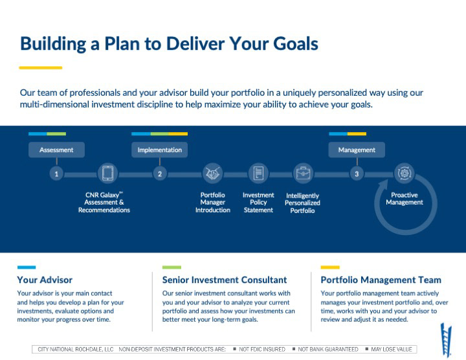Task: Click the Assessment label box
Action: coord(56,150)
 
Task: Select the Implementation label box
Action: coord(160,150)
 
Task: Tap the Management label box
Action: coord(357,150)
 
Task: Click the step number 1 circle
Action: coord(57,174)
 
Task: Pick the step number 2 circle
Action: coord(160,174)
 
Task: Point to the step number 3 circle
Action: coord(357,174)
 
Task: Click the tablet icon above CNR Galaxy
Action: coord(107,174)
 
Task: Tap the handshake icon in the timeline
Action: coord(212,174)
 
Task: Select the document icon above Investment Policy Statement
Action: coord(258,174)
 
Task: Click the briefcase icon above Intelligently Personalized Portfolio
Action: coord(303,174)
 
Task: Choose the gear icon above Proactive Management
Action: coord(405,174)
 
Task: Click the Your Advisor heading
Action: coord(45,280)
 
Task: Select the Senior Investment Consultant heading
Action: coord(225,280)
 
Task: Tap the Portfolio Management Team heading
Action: coord(381,280)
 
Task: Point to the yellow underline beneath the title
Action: coord(40,67)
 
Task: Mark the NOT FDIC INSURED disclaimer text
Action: coord(261,350)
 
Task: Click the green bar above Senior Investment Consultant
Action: coord(172,267)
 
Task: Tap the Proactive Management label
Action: coord(405,199)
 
